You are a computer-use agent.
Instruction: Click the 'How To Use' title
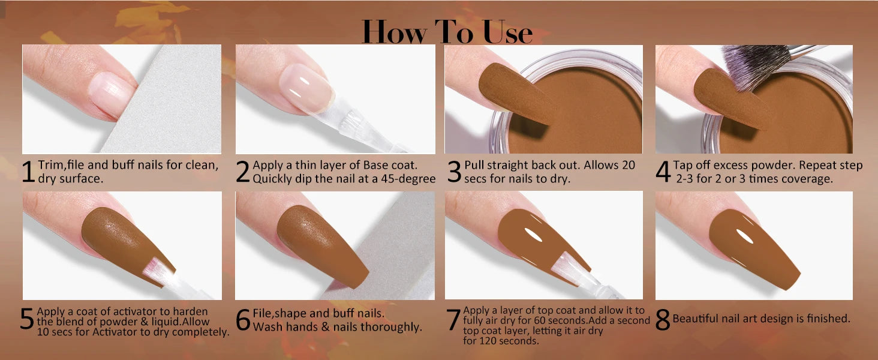447,32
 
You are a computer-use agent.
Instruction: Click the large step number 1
28,172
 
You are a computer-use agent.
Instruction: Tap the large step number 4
662,172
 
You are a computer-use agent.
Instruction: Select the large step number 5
27,320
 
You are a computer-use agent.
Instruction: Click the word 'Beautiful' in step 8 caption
696,319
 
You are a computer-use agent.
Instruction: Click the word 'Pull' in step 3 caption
474,165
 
